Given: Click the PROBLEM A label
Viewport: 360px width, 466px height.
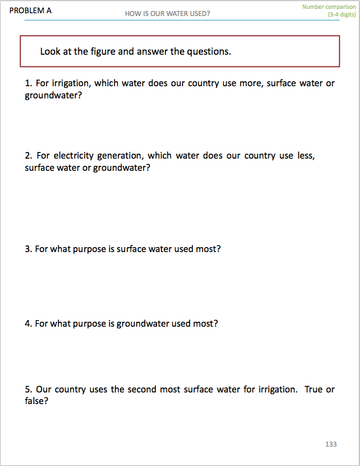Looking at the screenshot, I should tap(30, 11).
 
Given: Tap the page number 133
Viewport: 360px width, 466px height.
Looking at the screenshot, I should tap(331, 444).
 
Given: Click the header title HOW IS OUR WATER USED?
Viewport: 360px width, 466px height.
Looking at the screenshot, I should tap(168, 14).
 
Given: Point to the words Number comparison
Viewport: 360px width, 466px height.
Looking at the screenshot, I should tap(329, 7).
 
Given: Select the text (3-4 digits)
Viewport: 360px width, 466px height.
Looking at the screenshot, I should tap(342, 14).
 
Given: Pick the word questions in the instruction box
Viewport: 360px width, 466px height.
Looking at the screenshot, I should tap(207, 51).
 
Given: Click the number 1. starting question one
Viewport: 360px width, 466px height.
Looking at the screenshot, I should tap(28, 83).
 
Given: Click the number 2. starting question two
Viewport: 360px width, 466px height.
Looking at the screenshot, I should tap(28, 156).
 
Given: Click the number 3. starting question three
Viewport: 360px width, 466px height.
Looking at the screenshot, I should tap(28, 249).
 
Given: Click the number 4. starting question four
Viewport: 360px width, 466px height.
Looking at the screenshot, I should tap(28, 323).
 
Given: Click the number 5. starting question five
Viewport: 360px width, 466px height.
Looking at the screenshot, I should tap(28, 389).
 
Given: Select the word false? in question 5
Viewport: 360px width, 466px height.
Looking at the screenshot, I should tap(36, 401).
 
